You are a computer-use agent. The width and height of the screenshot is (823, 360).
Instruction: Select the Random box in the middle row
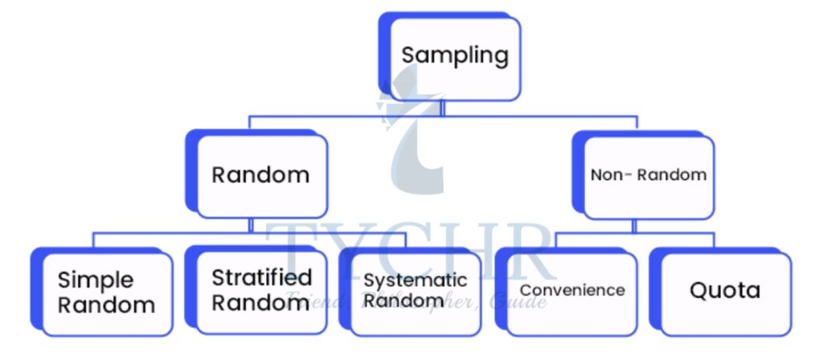pos(261,175)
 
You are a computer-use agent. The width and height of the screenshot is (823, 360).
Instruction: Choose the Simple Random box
pos(106,292)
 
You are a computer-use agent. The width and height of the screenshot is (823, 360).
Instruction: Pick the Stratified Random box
pos(261,291)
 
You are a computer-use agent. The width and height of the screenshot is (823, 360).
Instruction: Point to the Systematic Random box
pos(415,291)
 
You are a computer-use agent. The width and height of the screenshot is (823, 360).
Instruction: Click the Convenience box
pos(571,291)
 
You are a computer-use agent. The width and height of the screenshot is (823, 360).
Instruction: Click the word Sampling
pos(455,56)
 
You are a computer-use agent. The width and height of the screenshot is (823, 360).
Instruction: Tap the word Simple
pos(95,280)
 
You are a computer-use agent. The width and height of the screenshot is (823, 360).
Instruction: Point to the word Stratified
pos(261,278)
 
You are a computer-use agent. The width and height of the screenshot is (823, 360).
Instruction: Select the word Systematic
pos(415,280)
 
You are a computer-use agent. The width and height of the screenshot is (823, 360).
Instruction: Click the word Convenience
pos(571,290)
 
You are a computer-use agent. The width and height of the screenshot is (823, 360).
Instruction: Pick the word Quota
pos(725,290)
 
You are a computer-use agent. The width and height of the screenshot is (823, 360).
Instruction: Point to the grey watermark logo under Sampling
pos(414,133)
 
